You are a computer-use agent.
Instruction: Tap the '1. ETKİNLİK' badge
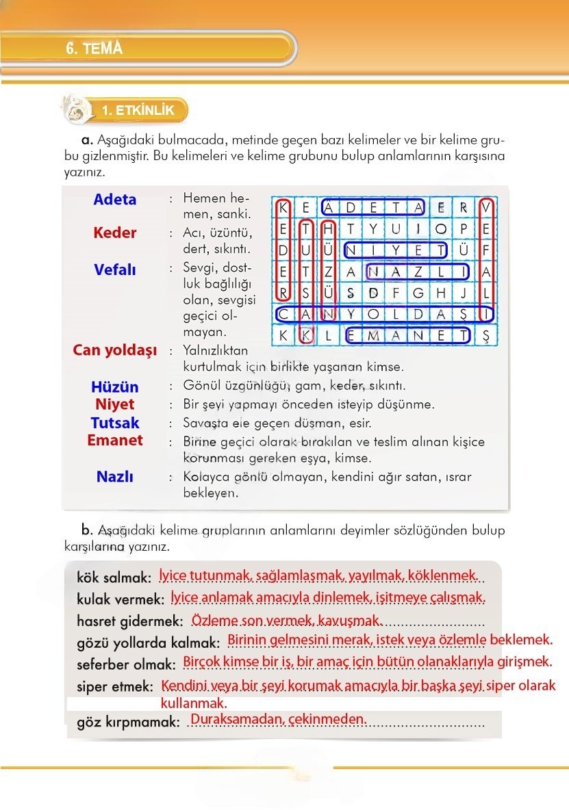click(x=138, y=110)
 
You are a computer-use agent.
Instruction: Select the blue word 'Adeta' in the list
click(x=115, y=200)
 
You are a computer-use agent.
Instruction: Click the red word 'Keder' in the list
click(x=115, y=233)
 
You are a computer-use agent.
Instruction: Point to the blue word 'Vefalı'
click(x=115, y=270)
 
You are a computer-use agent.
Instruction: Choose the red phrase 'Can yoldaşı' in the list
click(x=115, y=351)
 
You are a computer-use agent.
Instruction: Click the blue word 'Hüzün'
click(x=115, y=387)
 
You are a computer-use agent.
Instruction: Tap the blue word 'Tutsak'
click(x=115, y=423)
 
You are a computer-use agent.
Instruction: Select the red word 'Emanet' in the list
click(x=115, y=441)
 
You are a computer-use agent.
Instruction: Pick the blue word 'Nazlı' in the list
click(x=115, y=477)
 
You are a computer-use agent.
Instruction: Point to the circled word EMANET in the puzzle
click(x=408, y=335)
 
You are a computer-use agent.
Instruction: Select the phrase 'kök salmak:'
click(x=114, y=578)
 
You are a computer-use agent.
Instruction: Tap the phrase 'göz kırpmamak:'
click(x=128, y=722)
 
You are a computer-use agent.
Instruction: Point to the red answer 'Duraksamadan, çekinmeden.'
click(x=279, y=719)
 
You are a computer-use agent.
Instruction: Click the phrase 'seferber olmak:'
click(x=127, y=664)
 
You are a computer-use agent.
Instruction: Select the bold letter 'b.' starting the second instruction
click(x=86, y=530)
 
